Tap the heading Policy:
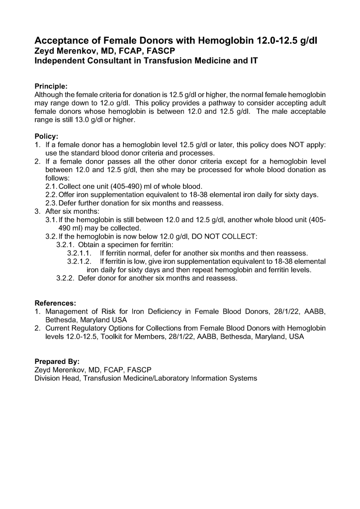46,136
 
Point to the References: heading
55,303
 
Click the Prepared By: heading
57,361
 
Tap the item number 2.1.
51,186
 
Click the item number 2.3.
51,203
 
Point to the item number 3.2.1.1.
80,253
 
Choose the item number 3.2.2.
66,278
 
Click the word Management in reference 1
67,312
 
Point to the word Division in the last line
48,378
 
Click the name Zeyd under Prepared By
44,370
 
